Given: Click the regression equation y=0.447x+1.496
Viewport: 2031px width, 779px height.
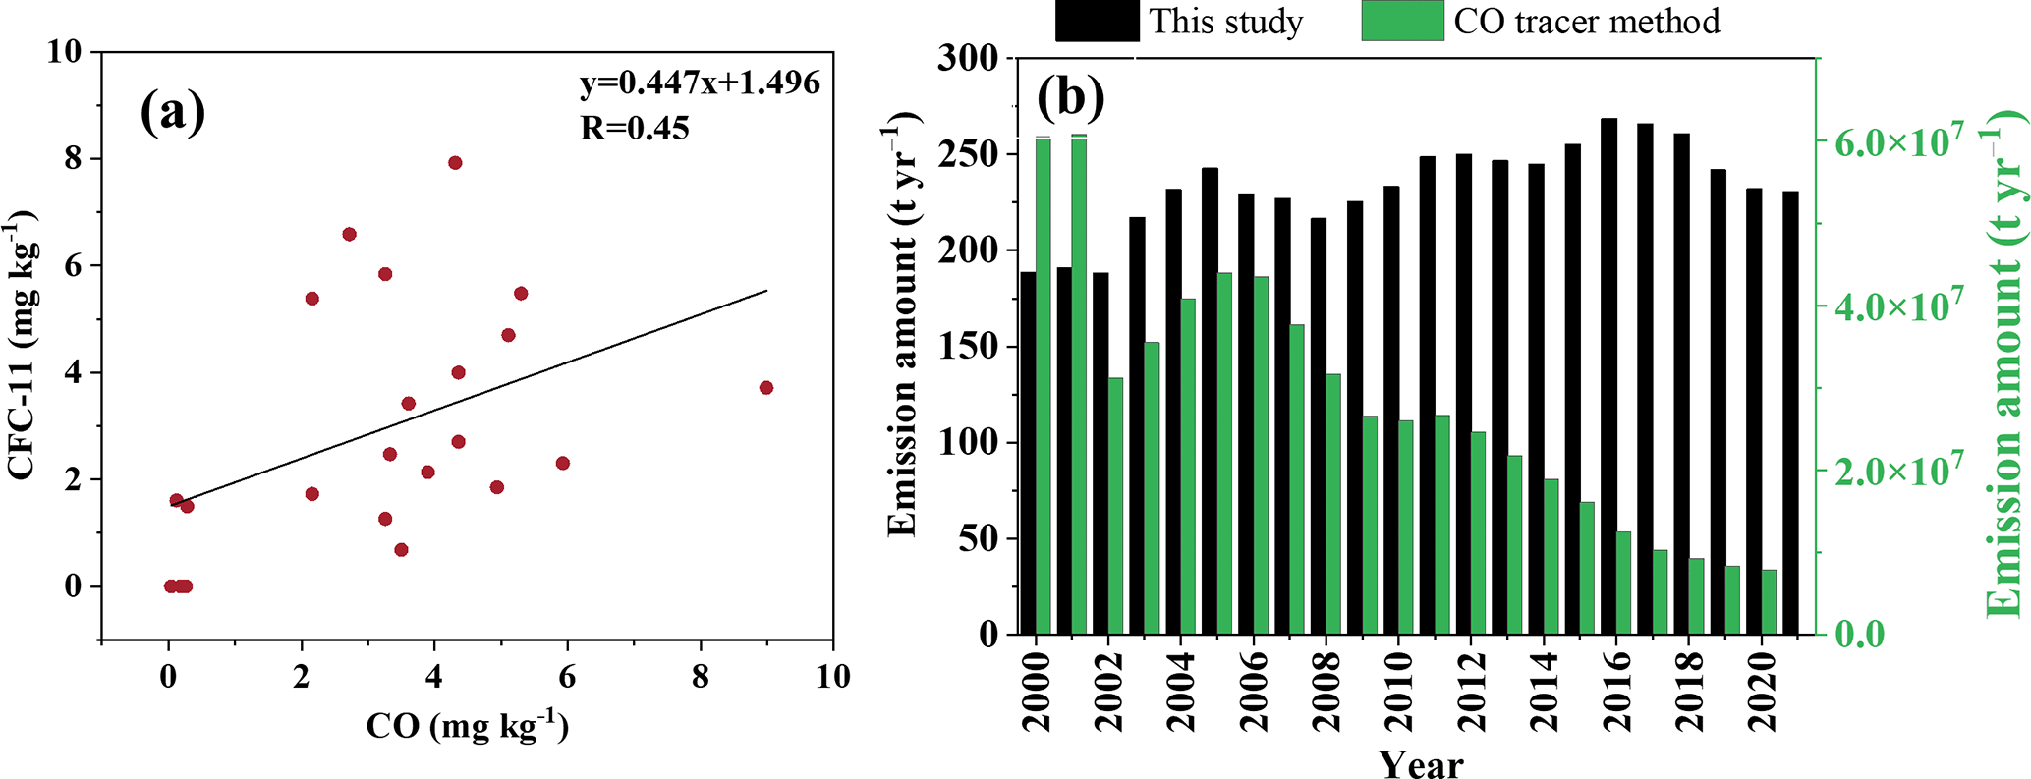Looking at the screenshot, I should click(x=699, y=84).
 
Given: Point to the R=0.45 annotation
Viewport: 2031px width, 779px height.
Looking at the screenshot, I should click(x=634, y=128).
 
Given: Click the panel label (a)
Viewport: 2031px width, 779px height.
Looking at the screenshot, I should click(x=173, y=112).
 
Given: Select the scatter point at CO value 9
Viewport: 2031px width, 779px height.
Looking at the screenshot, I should click(x=766, y=388).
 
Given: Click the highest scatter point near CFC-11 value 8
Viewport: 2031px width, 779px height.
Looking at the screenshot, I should click(x=455, y=163).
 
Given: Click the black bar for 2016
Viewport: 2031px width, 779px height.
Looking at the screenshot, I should click(x=1608, y=376).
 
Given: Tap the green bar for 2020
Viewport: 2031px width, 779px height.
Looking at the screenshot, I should click(x=1769, y=601).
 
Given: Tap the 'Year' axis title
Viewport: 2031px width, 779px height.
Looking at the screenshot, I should click(x=1420, y=763).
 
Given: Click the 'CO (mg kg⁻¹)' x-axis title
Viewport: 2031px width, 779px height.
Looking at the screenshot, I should click(x=467, y=727).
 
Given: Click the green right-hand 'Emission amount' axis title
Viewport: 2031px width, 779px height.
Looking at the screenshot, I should click(x=2004, y=373).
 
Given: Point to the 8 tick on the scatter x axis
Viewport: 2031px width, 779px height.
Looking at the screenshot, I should click(x=700, y=677).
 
